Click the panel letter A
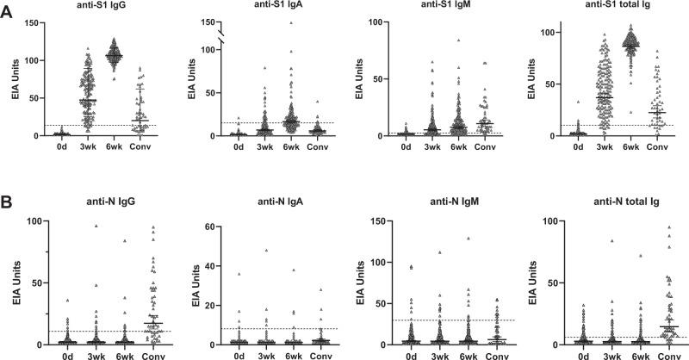click(9, 11)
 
